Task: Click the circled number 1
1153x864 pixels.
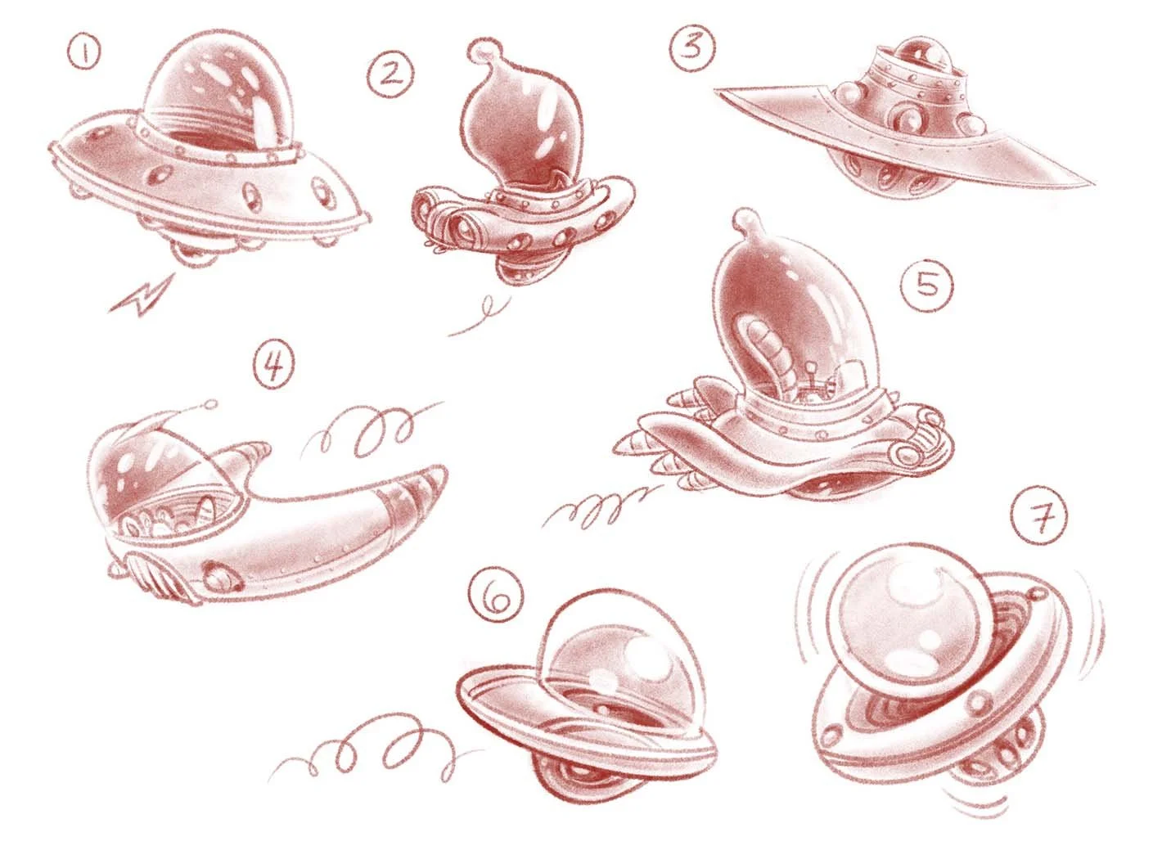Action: click(83, 56)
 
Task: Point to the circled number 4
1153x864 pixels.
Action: click(273, 368)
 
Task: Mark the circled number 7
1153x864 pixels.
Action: click(1038, 516)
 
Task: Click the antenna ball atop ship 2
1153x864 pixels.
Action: click(482, 51)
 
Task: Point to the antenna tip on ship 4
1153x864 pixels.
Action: click(212, 403)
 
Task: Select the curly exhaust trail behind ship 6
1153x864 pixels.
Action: click(360, 749)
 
